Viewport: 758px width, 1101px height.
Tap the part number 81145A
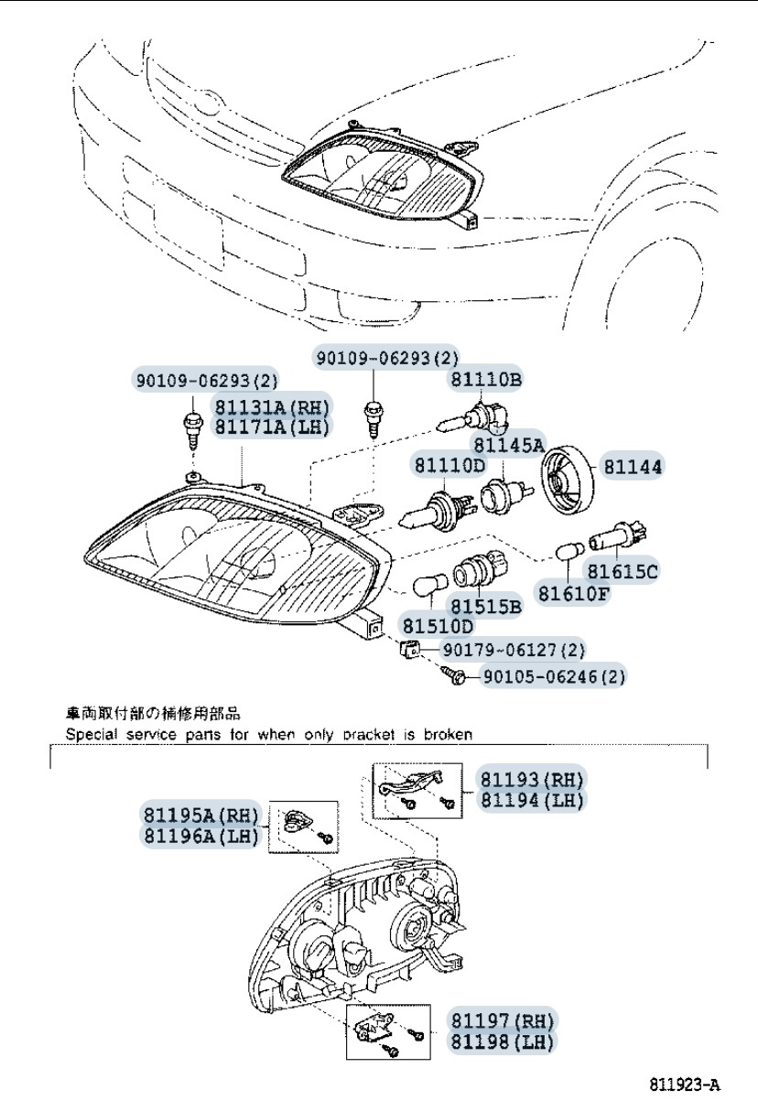[x=508, y=445]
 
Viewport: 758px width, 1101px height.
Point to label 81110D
[x=449, y=465]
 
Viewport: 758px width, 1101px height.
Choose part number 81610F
[x=574, y=594]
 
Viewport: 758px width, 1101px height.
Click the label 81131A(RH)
[x=272, y=406]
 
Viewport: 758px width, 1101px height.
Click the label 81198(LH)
[x=501, y=1042]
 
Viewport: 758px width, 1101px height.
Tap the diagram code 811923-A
[x=685, y=1085]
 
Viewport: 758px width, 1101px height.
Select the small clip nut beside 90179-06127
[x=410, y=650]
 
